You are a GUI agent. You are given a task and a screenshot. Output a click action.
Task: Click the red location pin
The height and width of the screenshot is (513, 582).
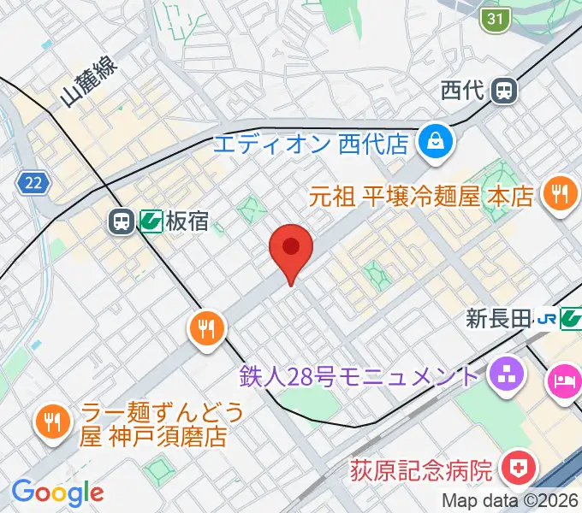click(291, 250)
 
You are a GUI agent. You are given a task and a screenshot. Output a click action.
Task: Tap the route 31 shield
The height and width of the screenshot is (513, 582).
click(495, 19)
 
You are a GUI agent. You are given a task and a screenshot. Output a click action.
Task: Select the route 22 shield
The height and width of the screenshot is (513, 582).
click(33, 182)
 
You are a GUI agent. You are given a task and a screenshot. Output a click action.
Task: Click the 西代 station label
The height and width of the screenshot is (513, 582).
click(463, 90)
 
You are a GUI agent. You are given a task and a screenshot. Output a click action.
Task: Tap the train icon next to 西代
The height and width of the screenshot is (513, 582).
click(506, 89)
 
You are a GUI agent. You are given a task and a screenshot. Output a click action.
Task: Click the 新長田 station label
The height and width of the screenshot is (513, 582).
click(498, 320)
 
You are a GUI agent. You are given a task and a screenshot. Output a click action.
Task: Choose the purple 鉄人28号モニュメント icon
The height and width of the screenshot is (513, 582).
click(502, 374)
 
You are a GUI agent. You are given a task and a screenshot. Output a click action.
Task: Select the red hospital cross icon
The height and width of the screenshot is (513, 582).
click(517, 469)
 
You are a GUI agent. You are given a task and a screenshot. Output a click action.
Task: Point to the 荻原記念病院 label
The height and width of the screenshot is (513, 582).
click(423, 469)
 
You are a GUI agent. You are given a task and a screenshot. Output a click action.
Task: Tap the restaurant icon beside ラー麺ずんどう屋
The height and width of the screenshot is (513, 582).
click(52, 421)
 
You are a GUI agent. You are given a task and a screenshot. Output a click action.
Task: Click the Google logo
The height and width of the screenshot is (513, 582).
click(56, 492)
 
